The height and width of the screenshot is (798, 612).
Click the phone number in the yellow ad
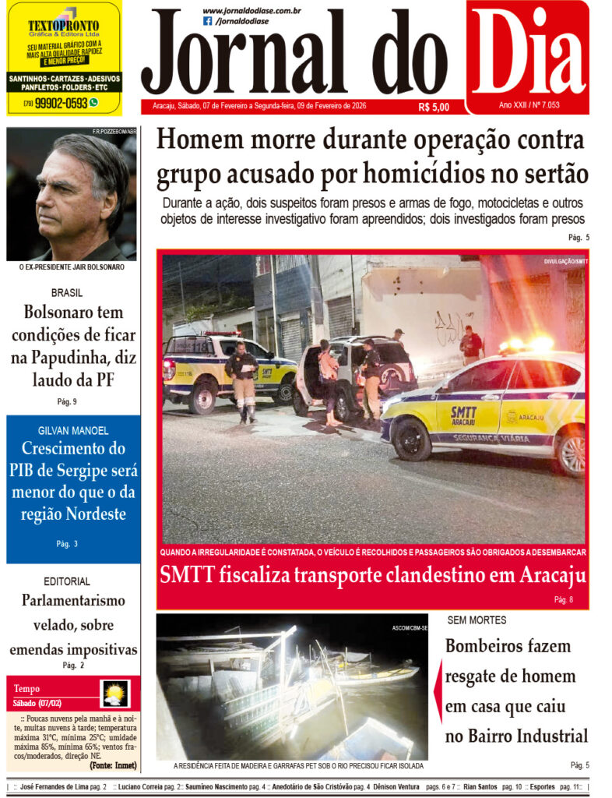[60, 102]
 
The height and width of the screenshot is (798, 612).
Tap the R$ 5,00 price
[433, 107]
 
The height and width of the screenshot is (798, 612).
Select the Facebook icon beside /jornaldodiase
[207, 21]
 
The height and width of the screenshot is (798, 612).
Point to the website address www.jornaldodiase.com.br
[251, 11]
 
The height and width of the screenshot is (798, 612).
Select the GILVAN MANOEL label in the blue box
[73, 430]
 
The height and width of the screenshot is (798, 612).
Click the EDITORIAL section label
[67, 581]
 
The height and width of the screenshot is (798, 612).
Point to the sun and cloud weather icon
[114, 693]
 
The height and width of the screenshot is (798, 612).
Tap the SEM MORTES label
[477, 620]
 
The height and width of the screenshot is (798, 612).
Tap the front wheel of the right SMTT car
[412, 439]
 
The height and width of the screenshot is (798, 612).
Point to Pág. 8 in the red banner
[564, 599]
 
